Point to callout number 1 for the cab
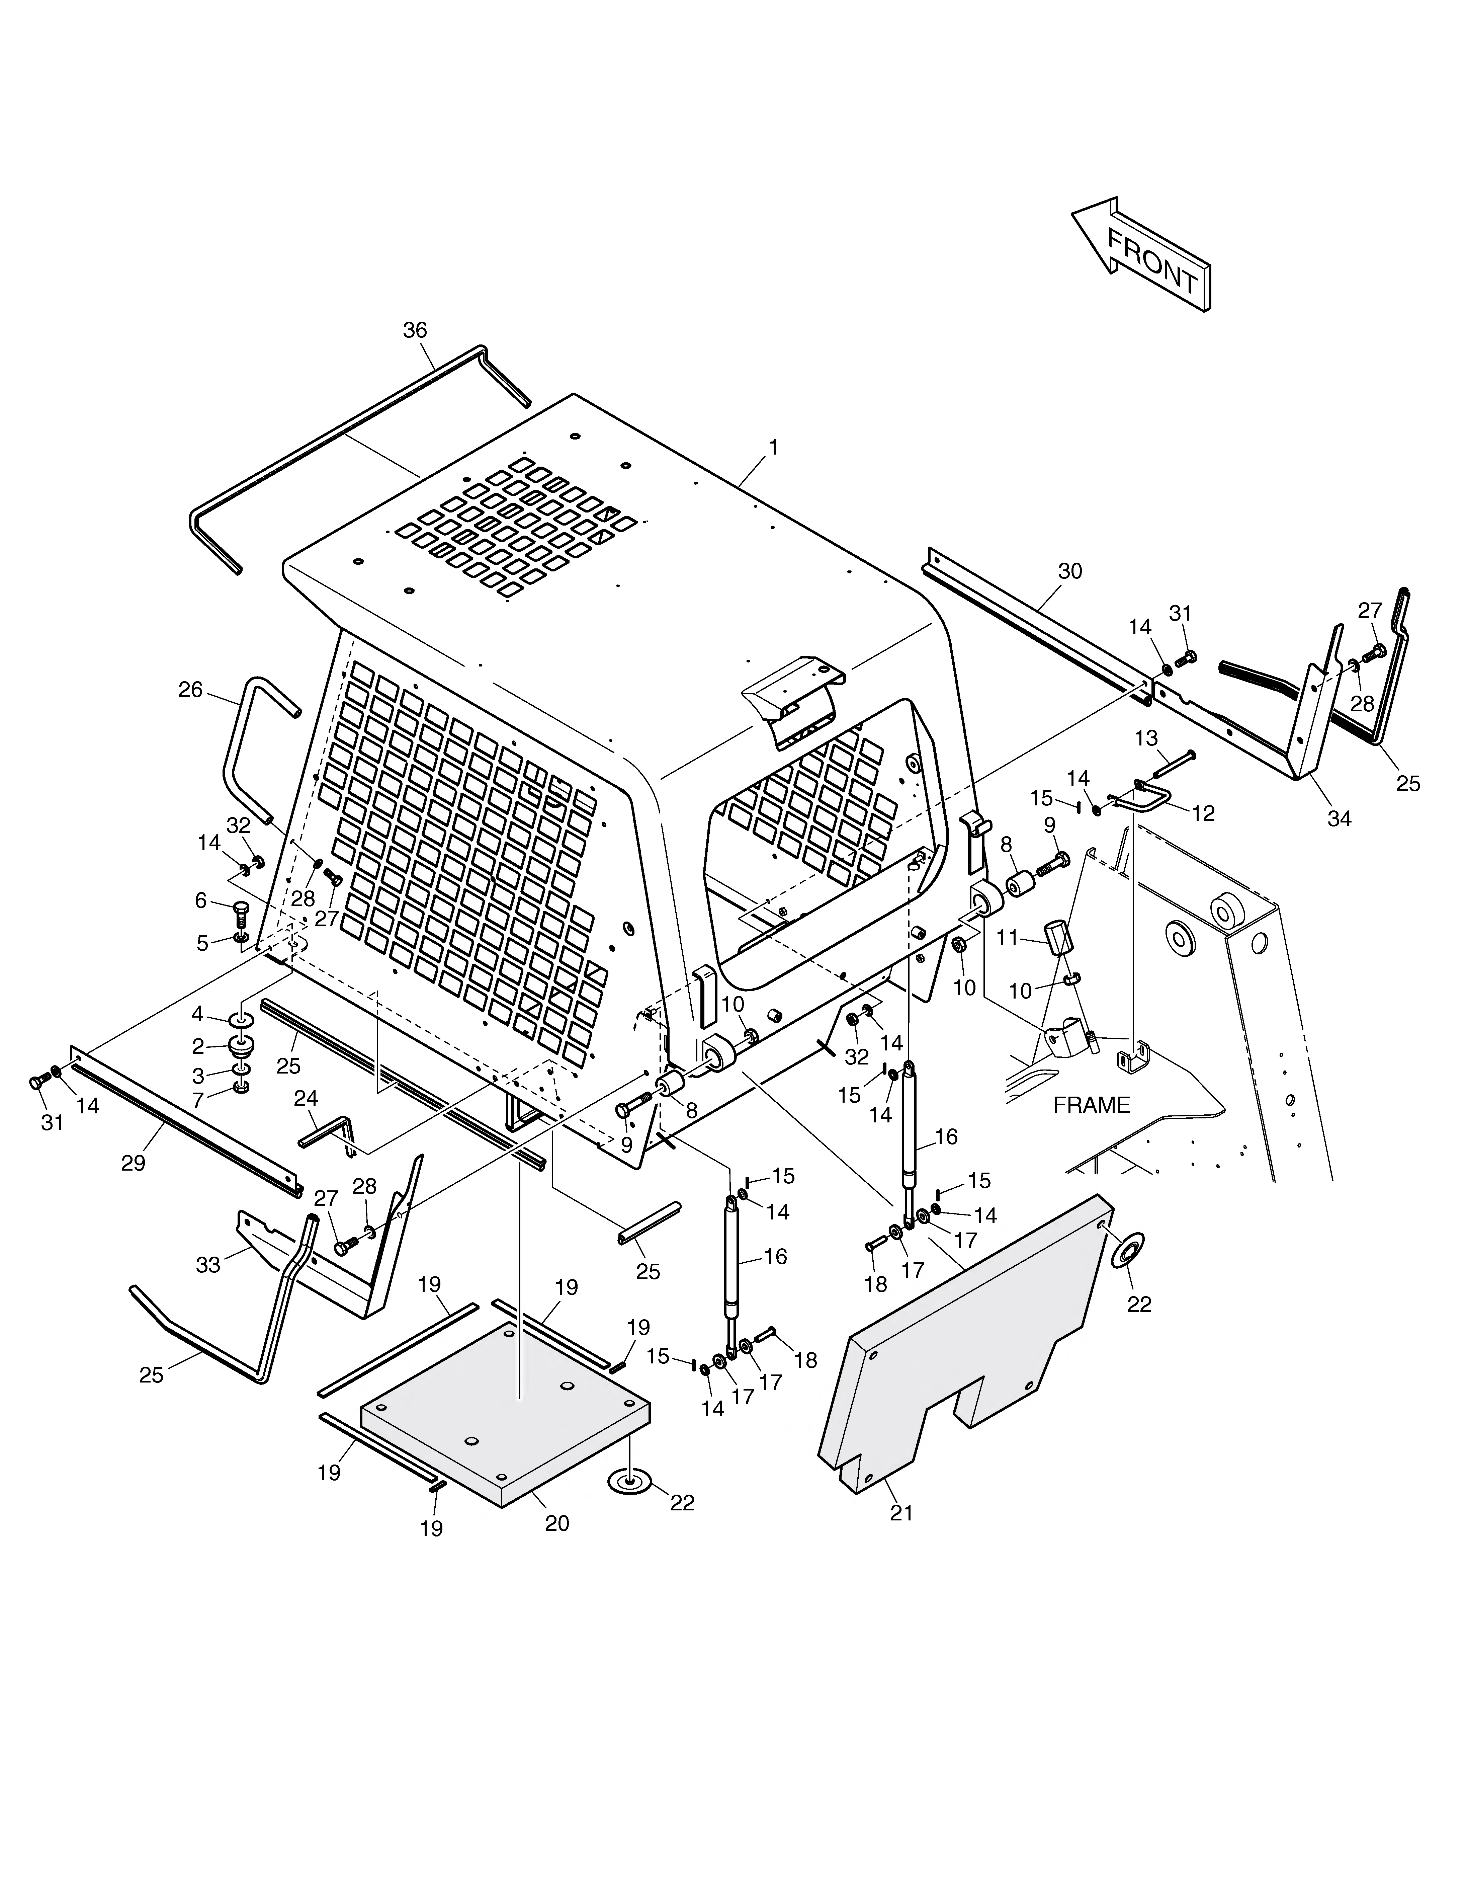(772, 448)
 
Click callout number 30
(1070, 571)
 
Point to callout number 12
(1203, 813)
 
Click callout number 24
(306, 1098)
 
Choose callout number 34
(1339, 818)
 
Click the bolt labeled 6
(241, 914)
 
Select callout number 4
(198, 1014)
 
